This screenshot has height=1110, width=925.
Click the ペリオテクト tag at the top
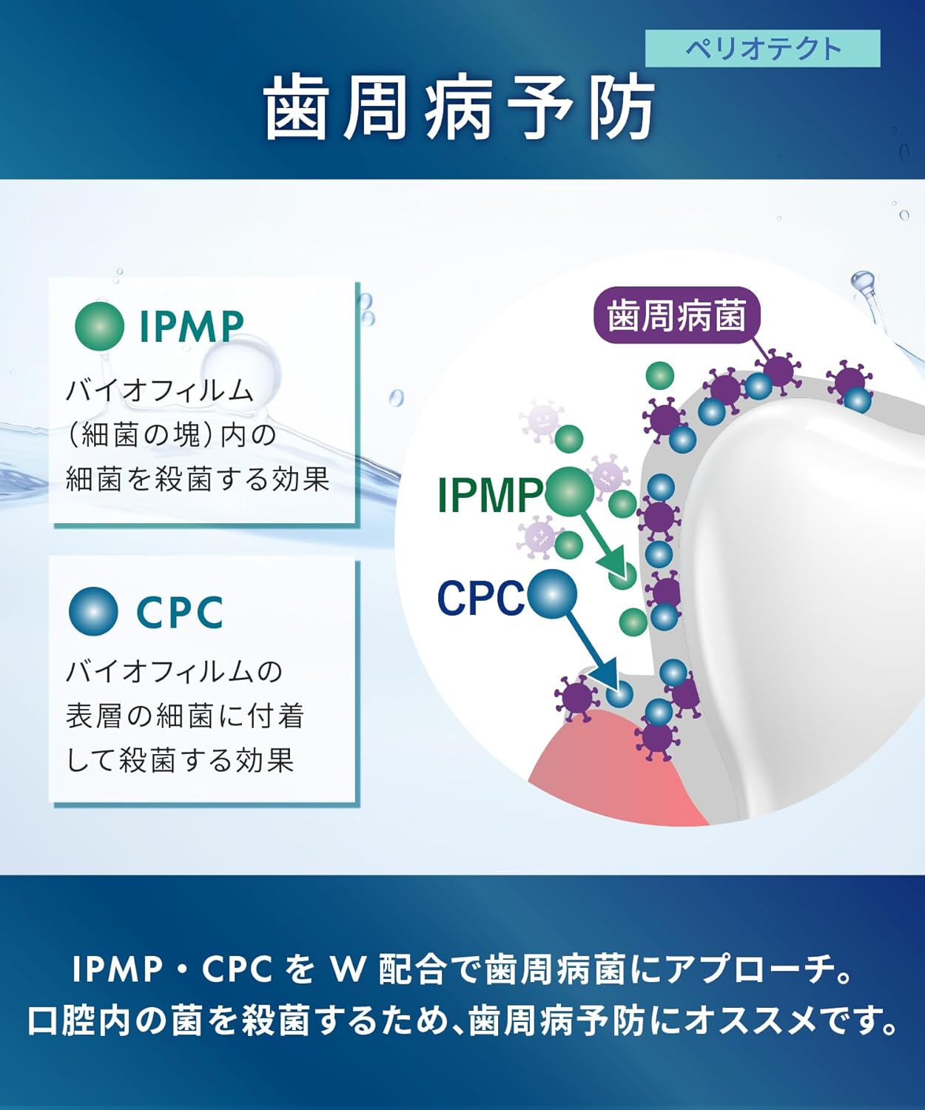coord(762,49)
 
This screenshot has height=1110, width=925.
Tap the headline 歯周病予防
coord(460,109)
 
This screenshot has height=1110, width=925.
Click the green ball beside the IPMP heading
coord(99,326)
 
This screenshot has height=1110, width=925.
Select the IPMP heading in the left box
coord(192,326)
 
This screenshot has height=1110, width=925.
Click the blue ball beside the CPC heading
coord(93,611)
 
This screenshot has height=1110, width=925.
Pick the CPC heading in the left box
coord(180,612)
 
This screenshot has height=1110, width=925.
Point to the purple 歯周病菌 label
coord(676,316)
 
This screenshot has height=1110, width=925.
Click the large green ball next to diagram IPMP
coord(570,491)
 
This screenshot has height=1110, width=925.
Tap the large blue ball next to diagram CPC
coord(551,593)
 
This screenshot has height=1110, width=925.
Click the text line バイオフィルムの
coord(175,672)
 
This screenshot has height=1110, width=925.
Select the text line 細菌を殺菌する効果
coord(198,480)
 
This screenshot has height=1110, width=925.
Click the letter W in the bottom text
coord(347,969)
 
